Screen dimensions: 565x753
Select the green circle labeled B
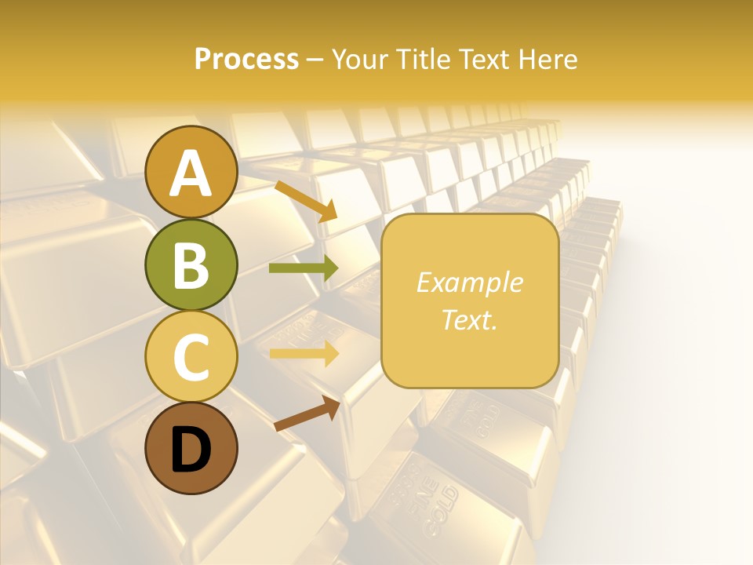tap(191, 264)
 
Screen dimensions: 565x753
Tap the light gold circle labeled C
tap(191, 356)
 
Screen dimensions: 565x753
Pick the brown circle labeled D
tap(191, 448)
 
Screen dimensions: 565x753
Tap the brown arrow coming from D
tap(307, 414)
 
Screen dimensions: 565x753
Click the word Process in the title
tap(246, 60)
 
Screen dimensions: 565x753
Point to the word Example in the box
tap(469, 282)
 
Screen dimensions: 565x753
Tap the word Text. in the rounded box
tap(469, 319)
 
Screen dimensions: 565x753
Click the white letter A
tap(191, 173)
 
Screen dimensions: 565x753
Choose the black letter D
tap(191, 450)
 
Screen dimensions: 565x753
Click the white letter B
tap(191, 265)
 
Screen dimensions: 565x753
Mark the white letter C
tap(191, 358)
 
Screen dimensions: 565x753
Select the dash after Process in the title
tap(315, 60)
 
